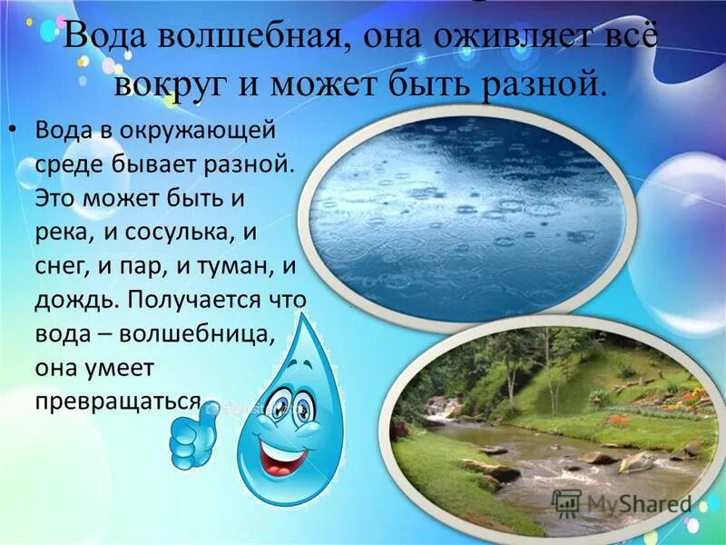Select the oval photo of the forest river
pyautogui.click(x=554, y=427)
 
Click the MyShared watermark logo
pyautogui.click(x=623, y=502)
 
